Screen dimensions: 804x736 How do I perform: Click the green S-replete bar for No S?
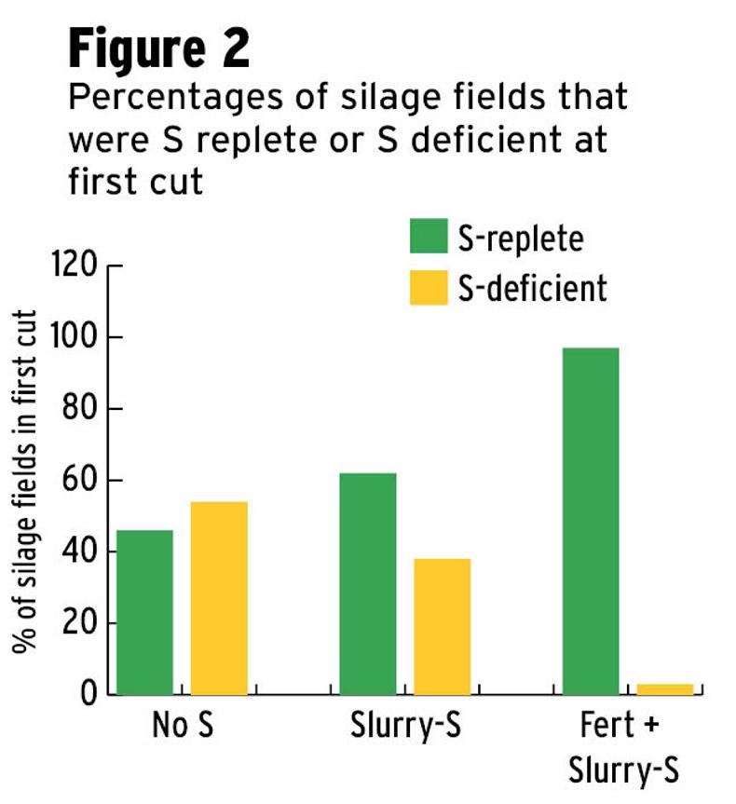[144, 612]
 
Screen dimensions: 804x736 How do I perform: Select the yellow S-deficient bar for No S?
[219, 598]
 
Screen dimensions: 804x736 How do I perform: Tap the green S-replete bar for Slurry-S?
[367, 584]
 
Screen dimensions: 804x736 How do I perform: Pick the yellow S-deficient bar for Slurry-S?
[442, 626]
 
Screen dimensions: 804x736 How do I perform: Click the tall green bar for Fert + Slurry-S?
[591, 521]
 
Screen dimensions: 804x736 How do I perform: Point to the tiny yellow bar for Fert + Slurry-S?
[664, 689]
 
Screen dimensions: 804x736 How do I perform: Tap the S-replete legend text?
[520, 238]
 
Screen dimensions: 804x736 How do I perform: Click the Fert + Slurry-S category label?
[628, 750]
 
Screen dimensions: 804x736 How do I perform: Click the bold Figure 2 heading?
[158, 49]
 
